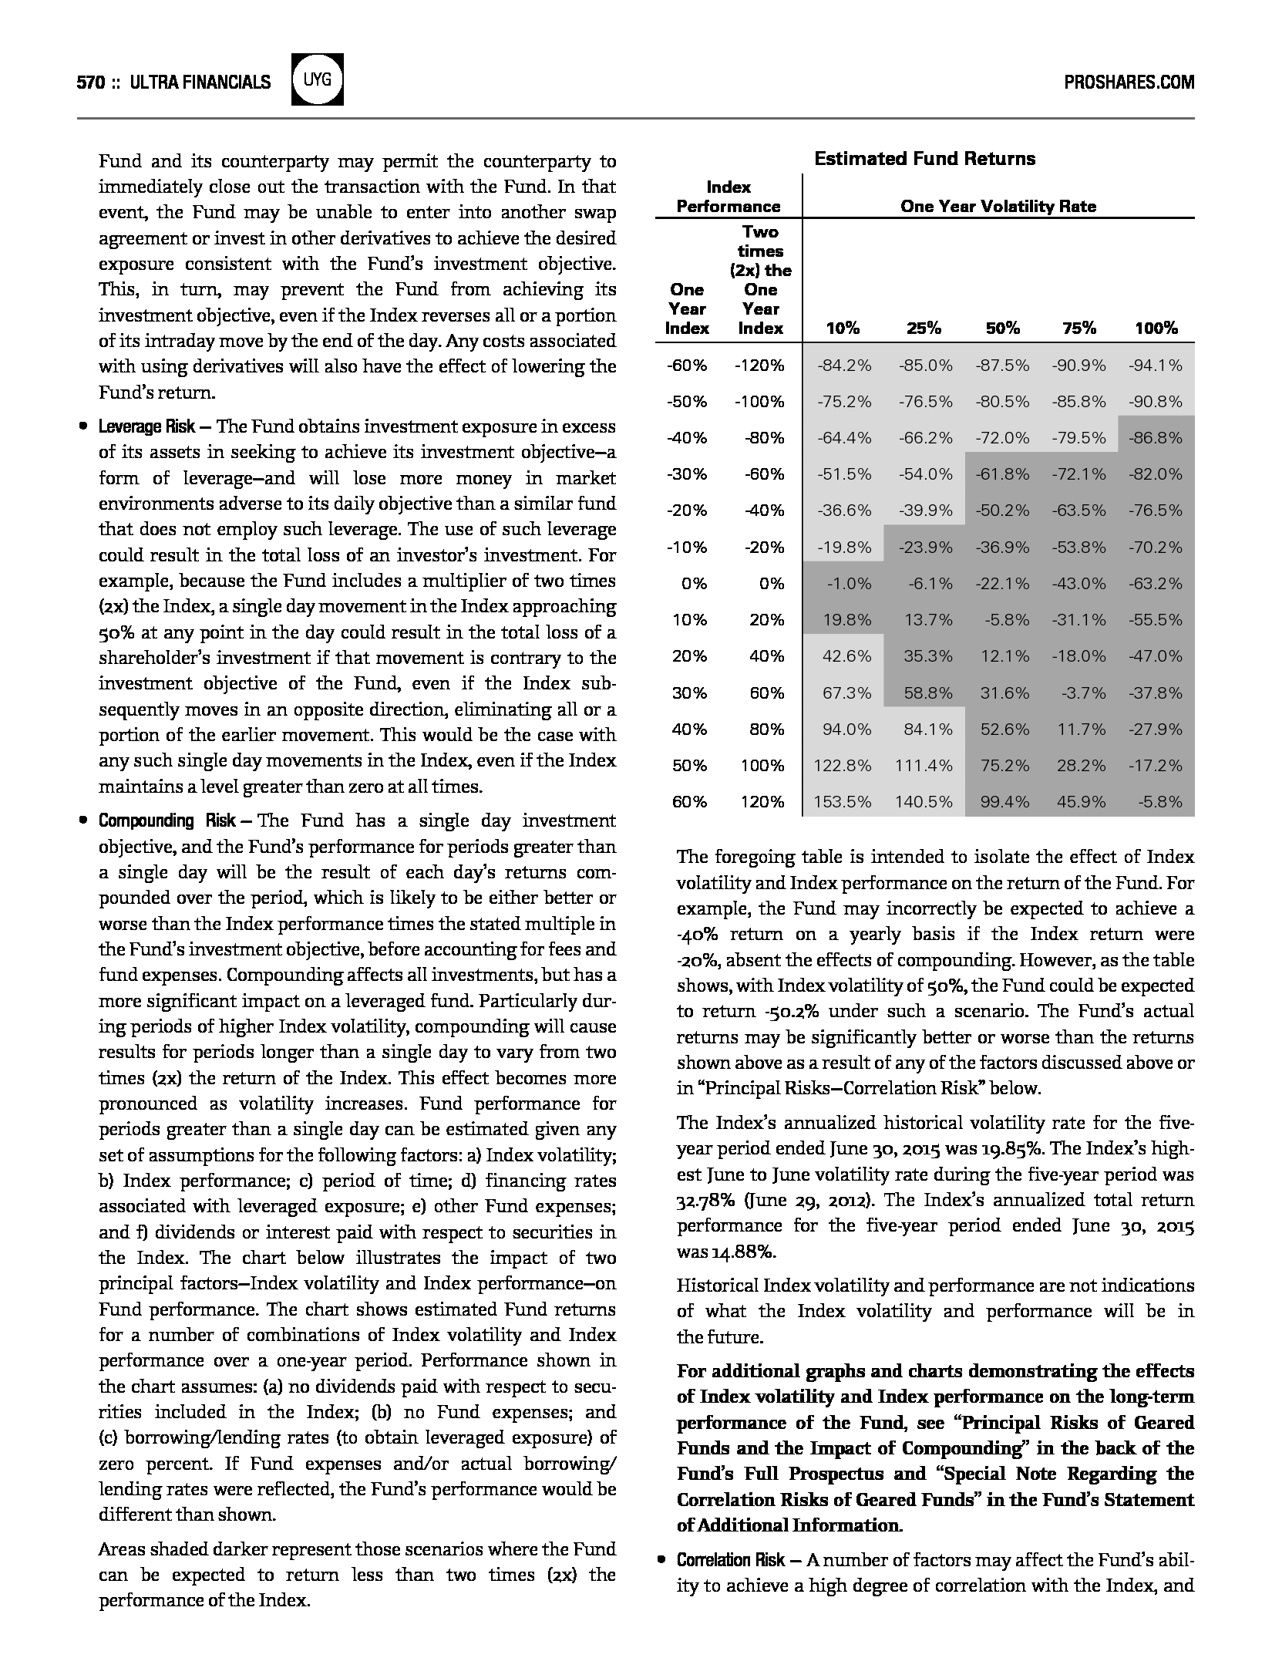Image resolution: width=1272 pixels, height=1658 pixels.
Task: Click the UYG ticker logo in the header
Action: pyautogui.click(x=318, y=80)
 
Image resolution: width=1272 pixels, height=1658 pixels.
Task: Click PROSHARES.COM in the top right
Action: pyautogui.click(x=1129, y=83)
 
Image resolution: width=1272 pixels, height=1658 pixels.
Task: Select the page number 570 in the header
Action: pyautogui.click(x=90, y=83)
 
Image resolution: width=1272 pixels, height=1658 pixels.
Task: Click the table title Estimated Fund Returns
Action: pyautogui.click(x=924, y=159)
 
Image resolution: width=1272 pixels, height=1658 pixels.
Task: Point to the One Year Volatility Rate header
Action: pyautogui.click(x=998, y=207)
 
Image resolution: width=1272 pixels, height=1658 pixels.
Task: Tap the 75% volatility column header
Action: pyautogui.click(x=1079, y=329)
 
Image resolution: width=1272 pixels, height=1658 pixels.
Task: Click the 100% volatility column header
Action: pyautogui.click(x=1156, y=329)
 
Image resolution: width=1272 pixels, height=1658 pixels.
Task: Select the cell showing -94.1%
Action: pyautogui.click(x=1155, y=366)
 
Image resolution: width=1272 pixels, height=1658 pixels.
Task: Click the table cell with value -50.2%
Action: pyautogui.click(x=1001, y=511)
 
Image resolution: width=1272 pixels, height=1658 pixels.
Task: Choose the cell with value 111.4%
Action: pyautogui.click(x=923, y=766)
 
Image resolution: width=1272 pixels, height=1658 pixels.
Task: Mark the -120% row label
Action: pyautogui.click(x=759, y=366)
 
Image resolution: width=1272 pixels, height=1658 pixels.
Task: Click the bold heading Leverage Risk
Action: pyautogui.click(x=146, y=427)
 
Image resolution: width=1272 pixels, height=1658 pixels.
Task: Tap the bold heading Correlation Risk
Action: pyautogui.click(x=730, y=1560)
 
